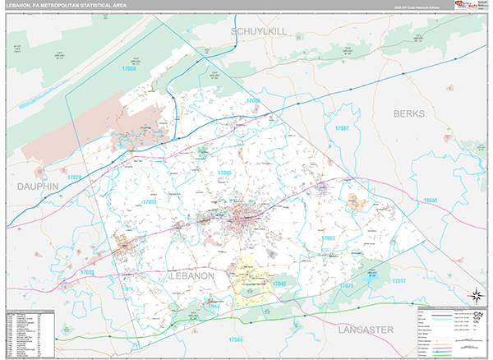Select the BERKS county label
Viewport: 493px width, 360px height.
(412, 113)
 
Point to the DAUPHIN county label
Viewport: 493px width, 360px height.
(38, 187)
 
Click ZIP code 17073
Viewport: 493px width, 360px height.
(346, 285)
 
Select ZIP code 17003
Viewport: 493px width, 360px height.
(149, 201)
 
